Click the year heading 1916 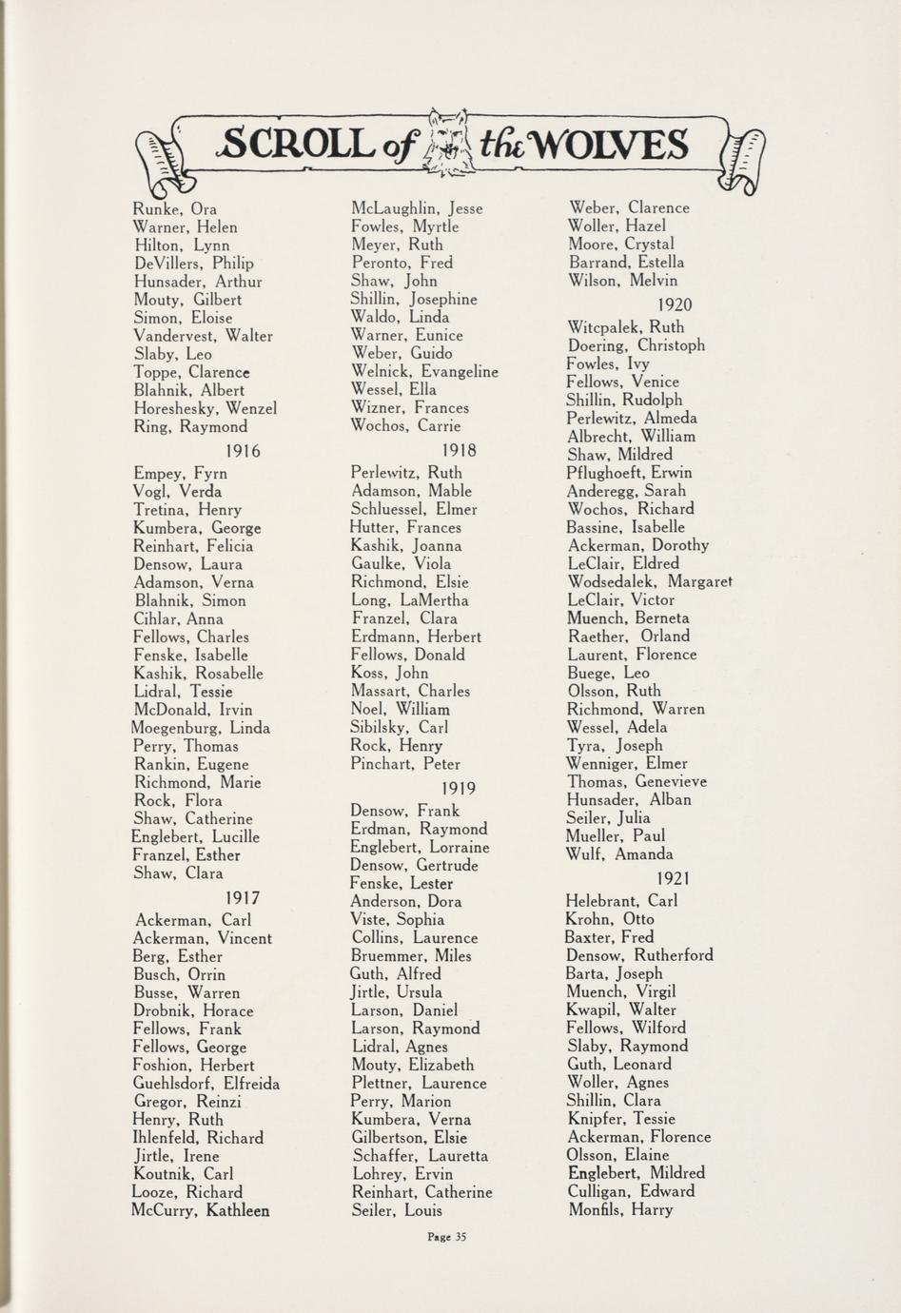click(x=243, y=451)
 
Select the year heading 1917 click(x=243, y=897)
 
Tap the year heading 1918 click(x=460, y=450)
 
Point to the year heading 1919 click(x=460, y=788)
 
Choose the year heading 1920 click(x=676, y=304)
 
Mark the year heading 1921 click(x=674, y=878)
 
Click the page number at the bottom click(x=447, y=1237)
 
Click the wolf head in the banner click(x=446, y=144)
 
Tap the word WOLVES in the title click(x=609, y=146)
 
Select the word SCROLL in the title click(x=295, y=145)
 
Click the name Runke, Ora click(x=175, y=209)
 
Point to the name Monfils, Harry click(x=619, y=1210)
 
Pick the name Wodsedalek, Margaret click(x=650, y=581)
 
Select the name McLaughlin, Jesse click(x=417, y=208)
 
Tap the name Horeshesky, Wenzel click(x=205, y=408)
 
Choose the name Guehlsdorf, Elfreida click(x=206, y=1084)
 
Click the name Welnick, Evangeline click(x=424, y=372)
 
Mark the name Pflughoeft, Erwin click(x=630, y=473)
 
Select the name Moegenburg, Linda click(x=201, y=728)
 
